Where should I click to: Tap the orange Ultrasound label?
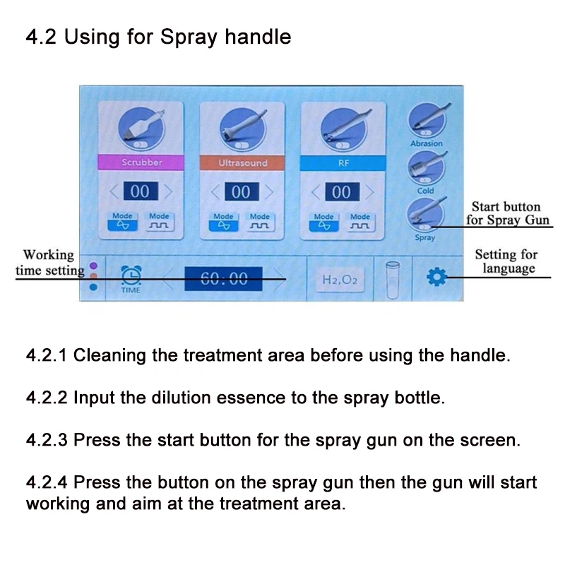(x=242, y=162)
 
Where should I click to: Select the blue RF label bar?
(x=342, y=162)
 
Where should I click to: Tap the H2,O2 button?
(x=340, y=280)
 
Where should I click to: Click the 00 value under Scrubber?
(x=140, y=191)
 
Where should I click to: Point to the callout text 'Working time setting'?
(x=48, y=262)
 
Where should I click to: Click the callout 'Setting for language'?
(x=506, y=261)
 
